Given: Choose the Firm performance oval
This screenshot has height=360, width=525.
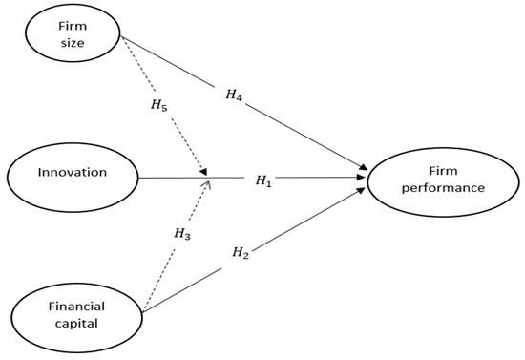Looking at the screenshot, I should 434,179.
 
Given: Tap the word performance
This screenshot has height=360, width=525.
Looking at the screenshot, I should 434,187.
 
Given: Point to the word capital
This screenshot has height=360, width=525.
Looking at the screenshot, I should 76,323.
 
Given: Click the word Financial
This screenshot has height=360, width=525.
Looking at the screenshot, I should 76,307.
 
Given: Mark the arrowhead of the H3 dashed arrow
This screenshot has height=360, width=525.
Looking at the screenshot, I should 206,184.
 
